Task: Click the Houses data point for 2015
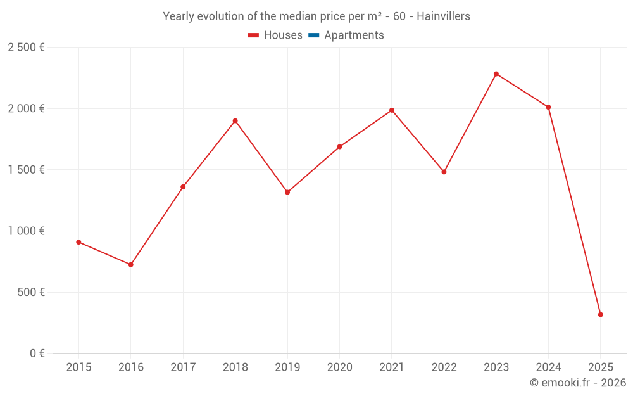pyautogui.click(x=78, y=242)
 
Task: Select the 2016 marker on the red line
pyautogui.click(x=131, y=265)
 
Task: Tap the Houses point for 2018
pyautogui.click(x=235, y=121)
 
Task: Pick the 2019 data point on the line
pyautogui.click(x=287, y=192)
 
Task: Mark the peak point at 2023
pyautogui.click(x=496, y=74)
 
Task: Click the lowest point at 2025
pyautogui.click(x=600, y=315)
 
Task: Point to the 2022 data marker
pyautogui.click(x=444, y=172)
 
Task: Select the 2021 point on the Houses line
pyautogui.click(x=392, y=110)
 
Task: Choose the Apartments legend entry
pyautogui.click(x=353, y=35)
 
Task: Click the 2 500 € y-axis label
pyautogui.click(x=26, y=48)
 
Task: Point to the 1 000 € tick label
pyautogui.click(x=26, y=231)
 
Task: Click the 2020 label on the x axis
pyautogui.click(x=339, y=367)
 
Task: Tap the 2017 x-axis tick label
pyautogui.click(x=183, y=367)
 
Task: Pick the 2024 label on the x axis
pyautogui.click(x=548, y=367)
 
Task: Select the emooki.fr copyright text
pyautogui.click(x=577, y=383)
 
